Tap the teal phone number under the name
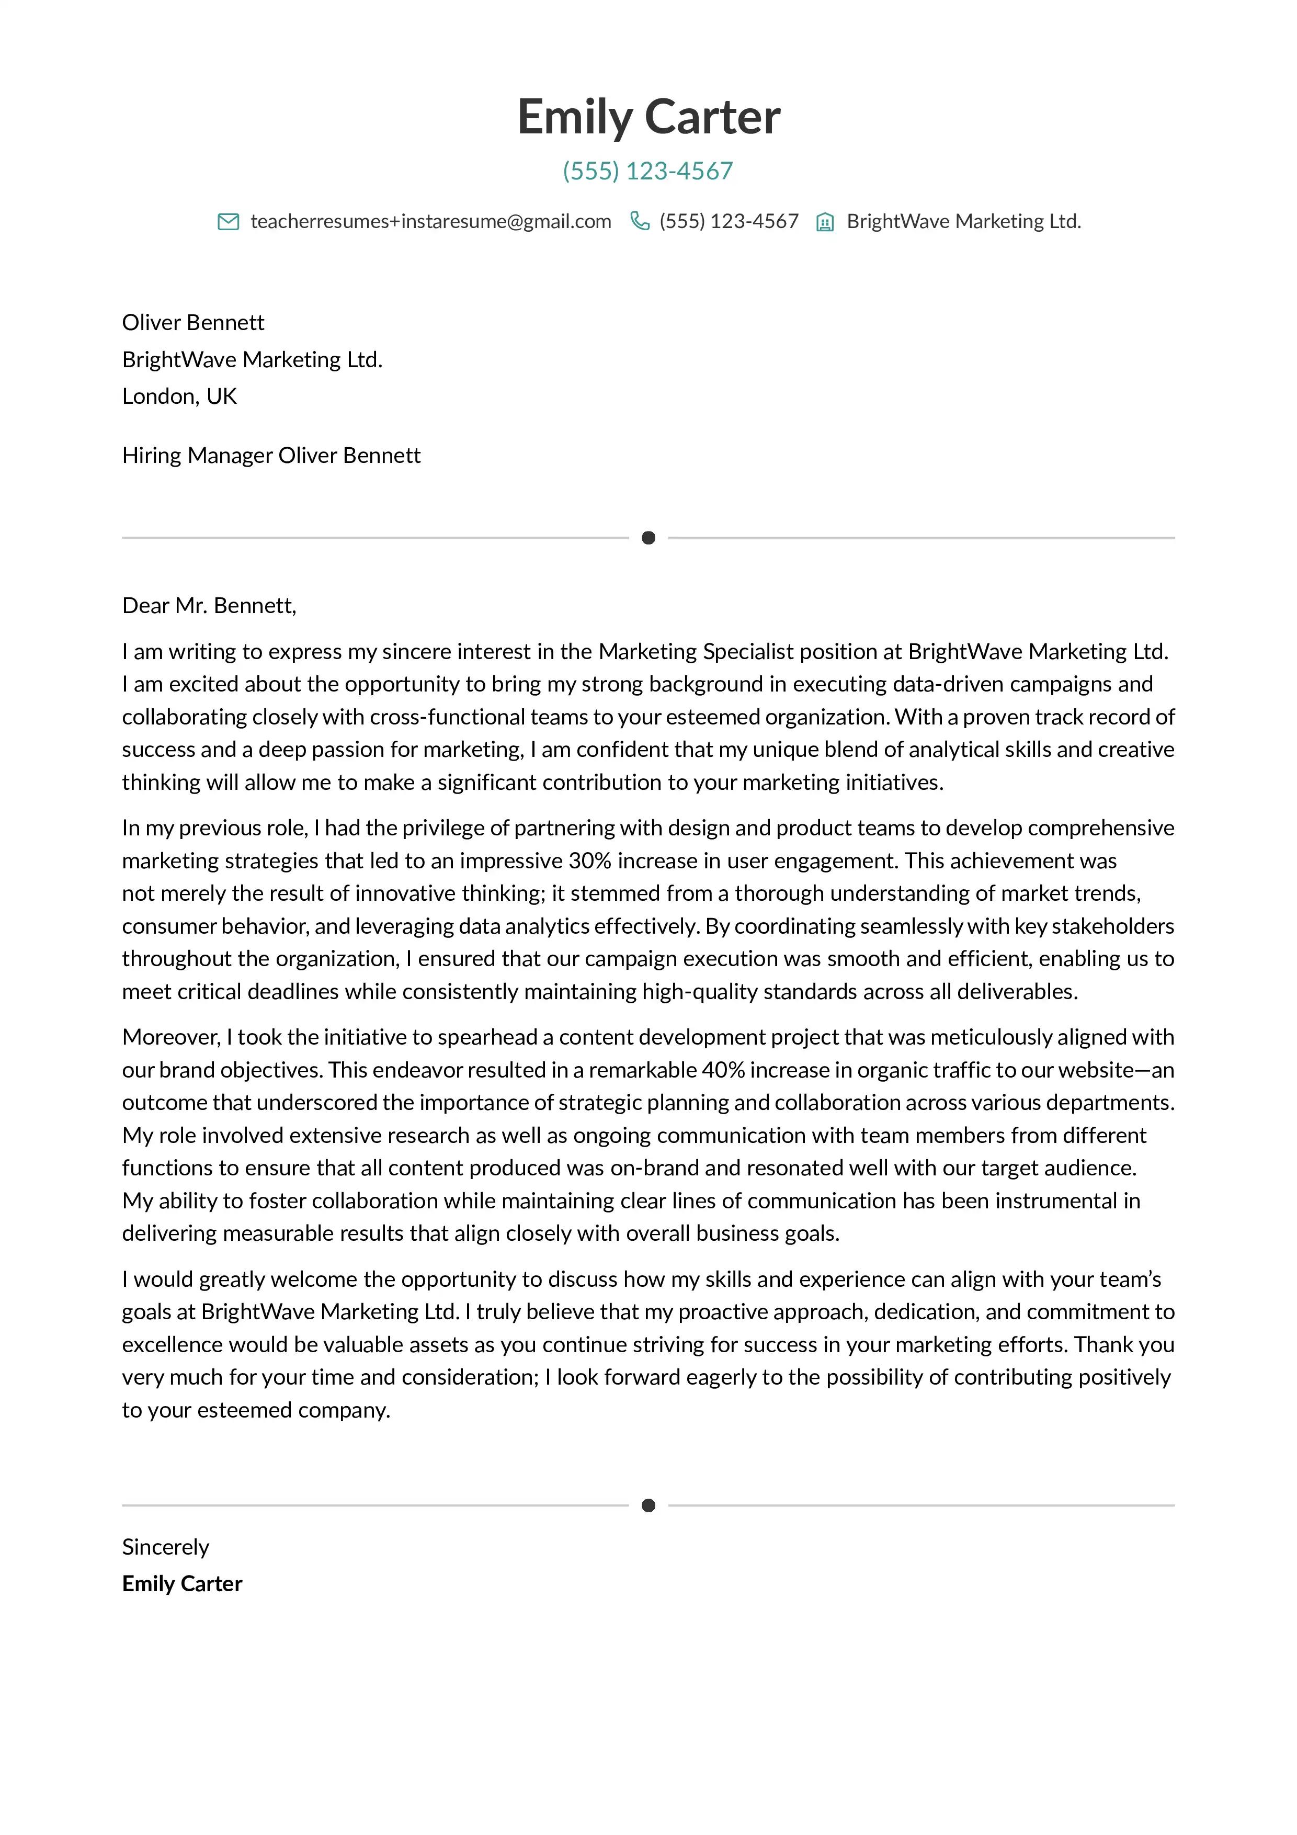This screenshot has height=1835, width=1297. (647, 171)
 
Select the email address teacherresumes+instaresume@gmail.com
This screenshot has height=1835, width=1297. (431, 221)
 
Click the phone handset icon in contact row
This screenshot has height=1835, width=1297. (639, 221)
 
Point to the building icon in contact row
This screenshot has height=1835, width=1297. (825, 222)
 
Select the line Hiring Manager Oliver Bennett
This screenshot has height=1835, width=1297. (271, 456)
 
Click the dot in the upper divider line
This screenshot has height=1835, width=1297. (648, 538)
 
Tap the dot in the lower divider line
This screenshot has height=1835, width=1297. (648, 1506)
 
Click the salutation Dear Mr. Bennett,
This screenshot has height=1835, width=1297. (209, 606)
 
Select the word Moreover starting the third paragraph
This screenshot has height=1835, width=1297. (170, 1037)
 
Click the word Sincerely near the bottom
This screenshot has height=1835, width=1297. (165, 1547)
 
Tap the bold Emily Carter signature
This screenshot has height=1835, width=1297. (182, 1584)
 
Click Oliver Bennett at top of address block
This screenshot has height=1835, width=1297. (192, 323)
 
